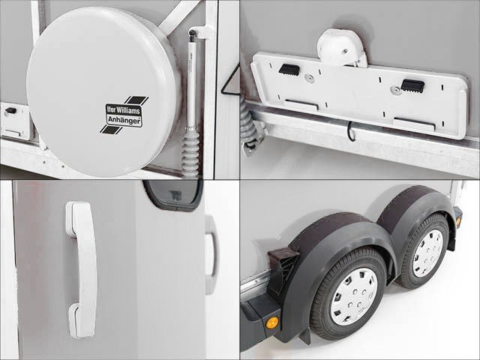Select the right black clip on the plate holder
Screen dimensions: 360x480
click(412, 85)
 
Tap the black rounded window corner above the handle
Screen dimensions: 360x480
click(173, 196)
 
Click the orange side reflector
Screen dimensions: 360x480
click(273, 322)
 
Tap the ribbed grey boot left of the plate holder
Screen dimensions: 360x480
click(250, 124)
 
